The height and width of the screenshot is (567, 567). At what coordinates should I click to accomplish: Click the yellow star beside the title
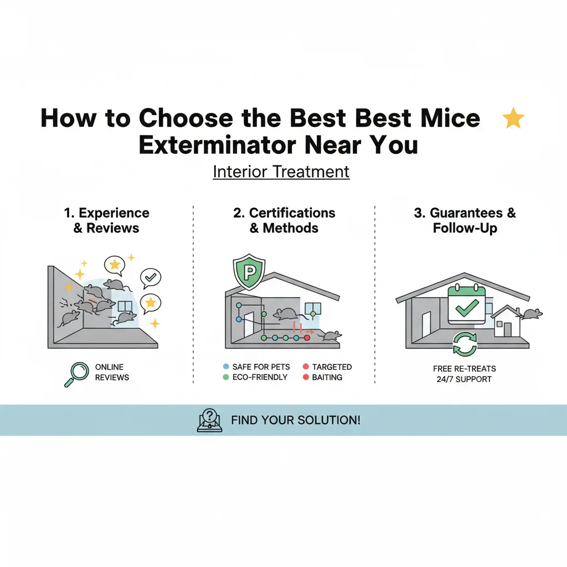point(513,118)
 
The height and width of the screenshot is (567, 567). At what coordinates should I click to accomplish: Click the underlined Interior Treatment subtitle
point(281,172)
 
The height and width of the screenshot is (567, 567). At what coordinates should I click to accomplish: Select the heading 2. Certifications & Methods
point(284,220)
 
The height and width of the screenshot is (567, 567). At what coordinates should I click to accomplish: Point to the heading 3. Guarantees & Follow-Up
point(465,220)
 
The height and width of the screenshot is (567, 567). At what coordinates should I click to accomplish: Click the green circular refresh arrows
point(465,343)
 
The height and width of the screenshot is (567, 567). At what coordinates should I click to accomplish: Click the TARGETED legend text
point(332,367)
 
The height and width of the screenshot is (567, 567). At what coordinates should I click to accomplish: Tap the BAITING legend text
point(327,377)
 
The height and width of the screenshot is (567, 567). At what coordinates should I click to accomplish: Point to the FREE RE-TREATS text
point(465,369)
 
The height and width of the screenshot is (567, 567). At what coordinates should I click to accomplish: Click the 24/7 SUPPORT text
point(465,379)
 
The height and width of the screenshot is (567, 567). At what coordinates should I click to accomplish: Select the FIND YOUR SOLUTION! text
point(296,420)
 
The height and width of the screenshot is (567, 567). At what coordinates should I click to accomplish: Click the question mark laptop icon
point(209,420)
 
